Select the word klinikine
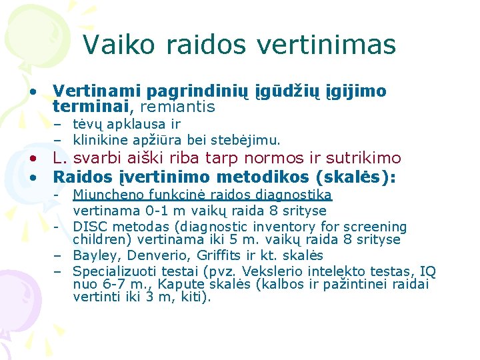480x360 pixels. point(105,140)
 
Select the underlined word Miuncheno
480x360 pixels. point(104,195)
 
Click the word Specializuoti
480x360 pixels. point(112,271)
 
